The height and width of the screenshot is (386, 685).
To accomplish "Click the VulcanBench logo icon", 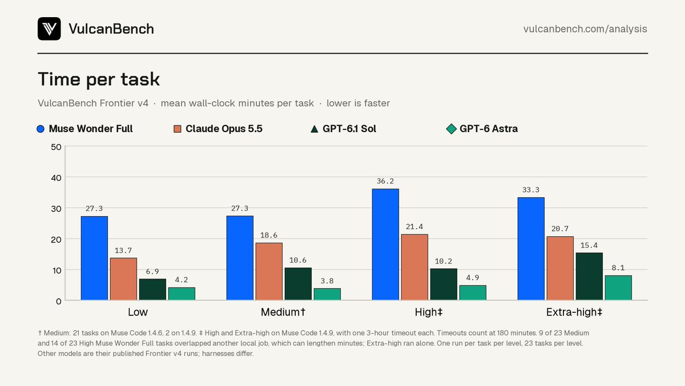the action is point(49,29).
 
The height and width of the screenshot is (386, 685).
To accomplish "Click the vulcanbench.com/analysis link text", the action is point(585,29).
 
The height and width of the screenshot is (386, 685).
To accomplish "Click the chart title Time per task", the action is point(99,79).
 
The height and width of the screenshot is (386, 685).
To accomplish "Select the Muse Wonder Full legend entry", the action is point(84,129).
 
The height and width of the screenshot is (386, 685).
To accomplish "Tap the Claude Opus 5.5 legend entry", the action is point(217,129).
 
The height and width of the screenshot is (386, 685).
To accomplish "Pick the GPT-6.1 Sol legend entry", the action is point(343,129).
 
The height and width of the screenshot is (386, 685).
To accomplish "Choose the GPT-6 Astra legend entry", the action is point(482,129).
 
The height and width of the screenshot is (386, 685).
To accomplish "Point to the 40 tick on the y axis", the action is point(57,178).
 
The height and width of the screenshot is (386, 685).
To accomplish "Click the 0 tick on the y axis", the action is point(59,301).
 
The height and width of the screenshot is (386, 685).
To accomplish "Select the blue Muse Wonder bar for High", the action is point(385,245).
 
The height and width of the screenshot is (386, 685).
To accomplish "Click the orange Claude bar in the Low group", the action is point(123,279).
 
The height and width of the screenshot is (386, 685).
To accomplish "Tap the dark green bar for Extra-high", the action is point(589,276).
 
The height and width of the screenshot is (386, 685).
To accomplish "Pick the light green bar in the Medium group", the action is point(327,294).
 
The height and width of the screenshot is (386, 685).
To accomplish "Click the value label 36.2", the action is point(385,181).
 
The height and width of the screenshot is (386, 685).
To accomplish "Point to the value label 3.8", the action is point(327,281).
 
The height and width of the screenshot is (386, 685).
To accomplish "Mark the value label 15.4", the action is point(589,245).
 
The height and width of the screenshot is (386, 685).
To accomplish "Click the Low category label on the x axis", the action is point(138,312).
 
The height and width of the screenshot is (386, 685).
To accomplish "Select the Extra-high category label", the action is point(574,312).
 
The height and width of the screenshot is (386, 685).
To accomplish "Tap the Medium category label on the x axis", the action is point(283,312).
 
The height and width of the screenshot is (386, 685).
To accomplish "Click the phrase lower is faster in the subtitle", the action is point(358,104).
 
